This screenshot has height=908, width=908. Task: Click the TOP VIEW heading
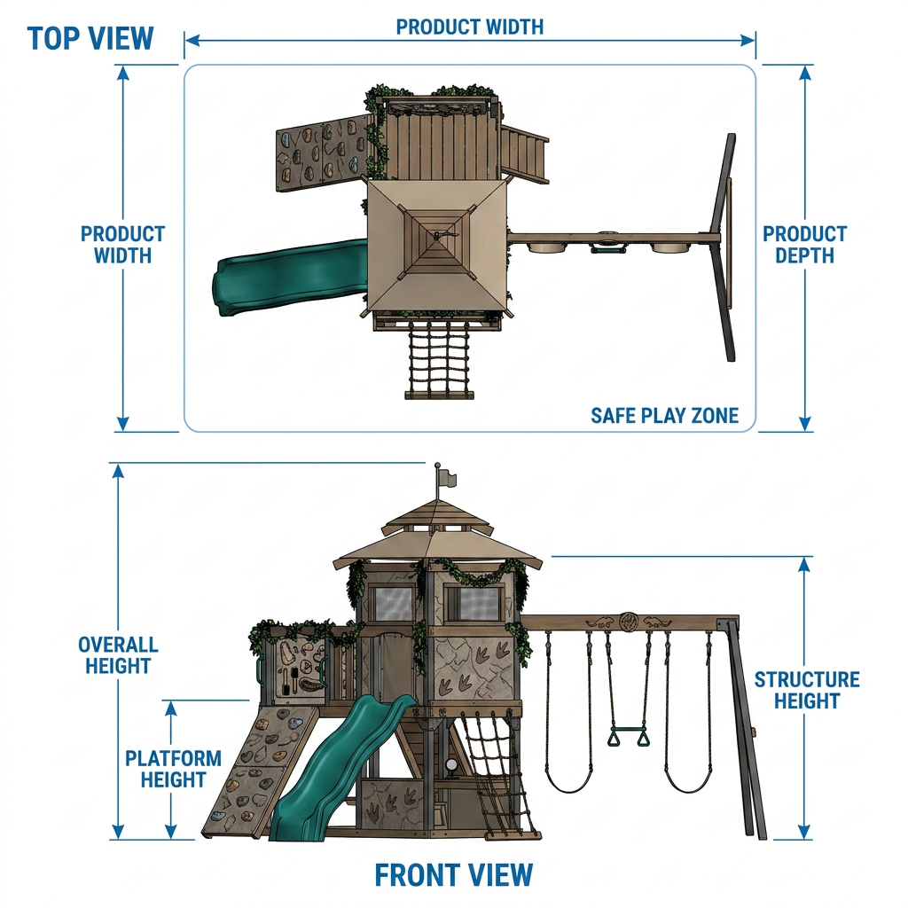point(90,39)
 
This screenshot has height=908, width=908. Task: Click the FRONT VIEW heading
point(453,875)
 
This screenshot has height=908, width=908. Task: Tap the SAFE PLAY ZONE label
point(664,416)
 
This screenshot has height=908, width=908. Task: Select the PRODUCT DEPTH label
point(804,245)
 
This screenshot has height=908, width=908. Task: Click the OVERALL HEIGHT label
point(118,655)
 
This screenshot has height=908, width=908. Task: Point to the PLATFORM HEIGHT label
point(173,769)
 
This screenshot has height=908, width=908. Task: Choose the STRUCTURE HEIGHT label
point(807,690)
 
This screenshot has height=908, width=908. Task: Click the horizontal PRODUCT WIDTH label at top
point(470,27)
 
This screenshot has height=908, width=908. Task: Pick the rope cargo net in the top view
point(439,359)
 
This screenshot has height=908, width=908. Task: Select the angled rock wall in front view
point(262,771)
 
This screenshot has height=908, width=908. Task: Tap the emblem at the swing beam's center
point(629,622)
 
